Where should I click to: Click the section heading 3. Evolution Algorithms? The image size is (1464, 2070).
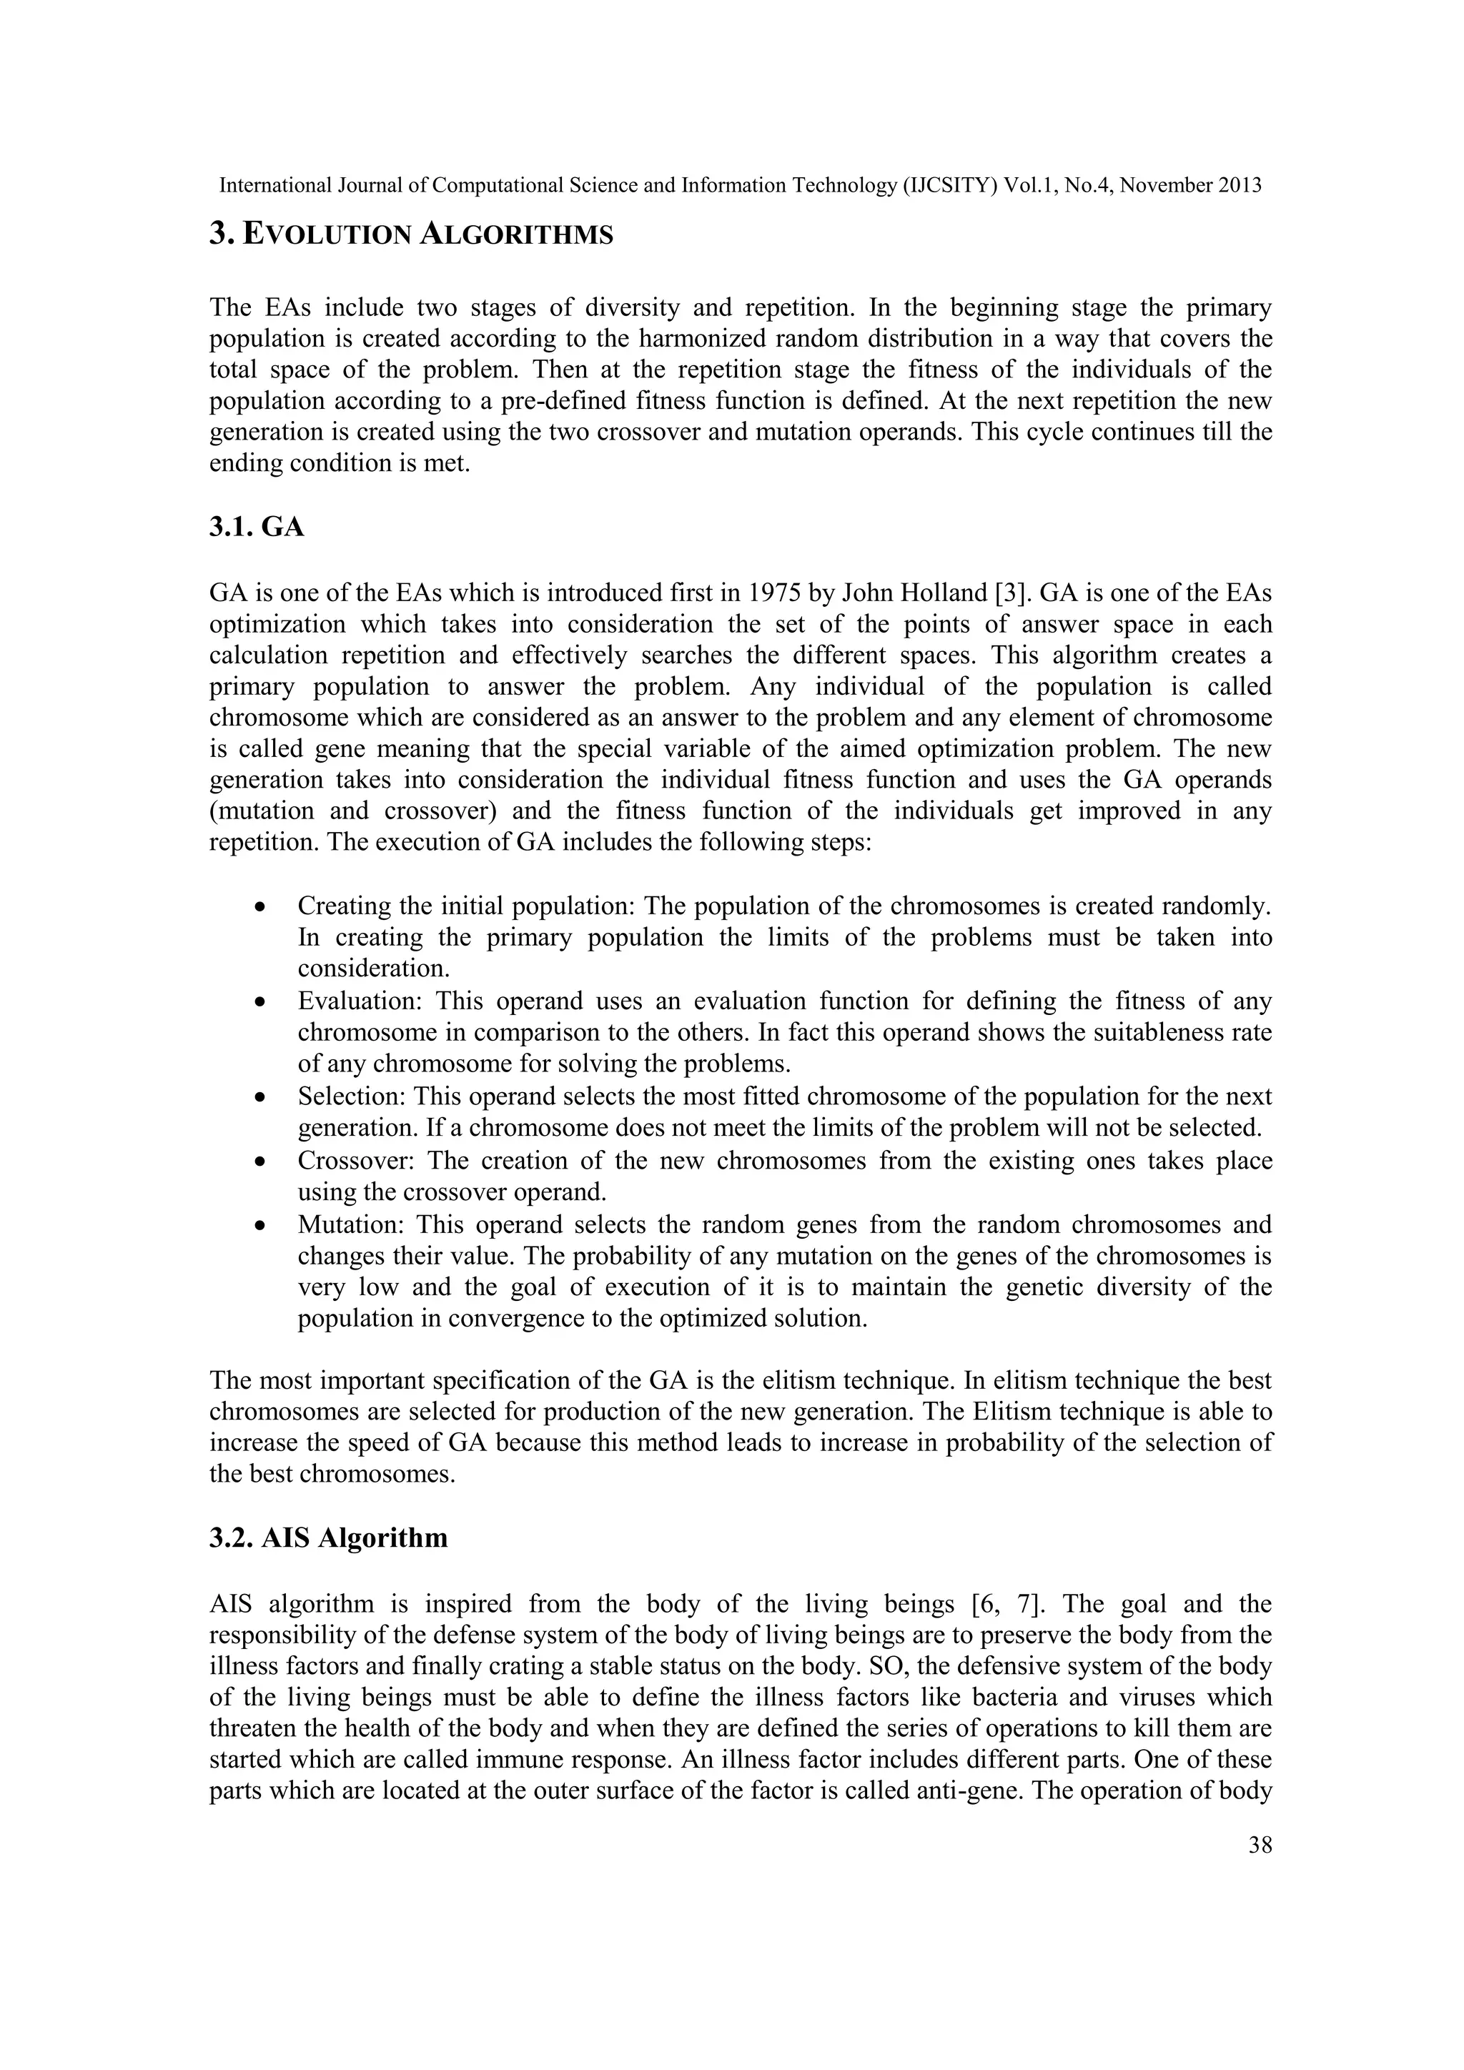click(x=411, y=234)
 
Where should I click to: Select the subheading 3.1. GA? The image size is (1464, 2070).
click(x=257, y=527)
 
